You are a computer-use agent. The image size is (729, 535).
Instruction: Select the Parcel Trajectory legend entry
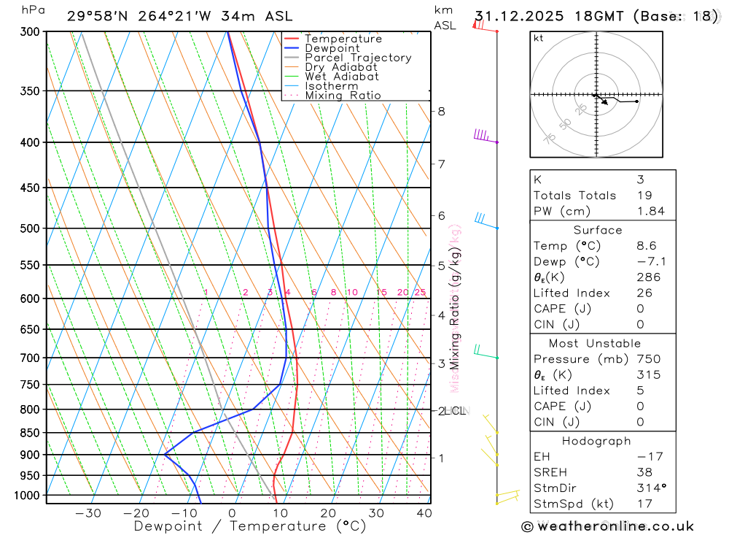pyautogui.click(x=358, y=58)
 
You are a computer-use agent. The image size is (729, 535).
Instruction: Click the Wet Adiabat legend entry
pyautogui.click(x=342, y=77)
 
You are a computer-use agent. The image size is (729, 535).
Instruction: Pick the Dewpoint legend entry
pyautogui.click(x=332, y=48)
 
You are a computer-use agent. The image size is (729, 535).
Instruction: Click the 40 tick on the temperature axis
pyautogui.click(x=424, y=513)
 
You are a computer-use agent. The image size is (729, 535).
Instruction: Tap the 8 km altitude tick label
pyautogui.click(x=441, y=112)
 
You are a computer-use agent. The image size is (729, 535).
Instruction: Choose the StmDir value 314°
pyautogui.click(x=647, y=488)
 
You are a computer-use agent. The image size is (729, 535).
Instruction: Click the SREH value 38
pyautogui.click(x=642, y=472)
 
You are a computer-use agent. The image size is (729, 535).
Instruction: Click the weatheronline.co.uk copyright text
pyautogui.click(x=607, y=526)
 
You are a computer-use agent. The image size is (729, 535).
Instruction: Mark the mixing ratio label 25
pyautogui.click(x=420, y=293)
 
